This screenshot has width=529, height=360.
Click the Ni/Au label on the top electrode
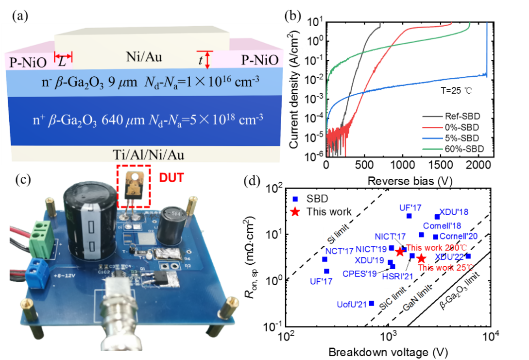[144, 58]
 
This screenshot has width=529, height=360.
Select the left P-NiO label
[28, 61]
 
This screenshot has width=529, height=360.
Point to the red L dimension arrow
[63, 57]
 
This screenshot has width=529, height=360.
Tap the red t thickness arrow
[207, 59]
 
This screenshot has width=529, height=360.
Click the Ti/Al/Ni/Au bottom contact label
[144, 155]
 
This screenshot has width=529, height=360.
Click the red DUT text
[171, 178]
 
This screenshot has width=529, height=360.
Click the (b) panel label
[301, 51]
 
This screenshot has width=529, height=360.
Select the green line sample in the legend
[432, 149]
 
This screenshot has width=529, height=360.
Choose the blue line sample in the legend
[432, 138]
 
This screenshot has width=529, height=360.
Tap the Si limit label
[338, 236]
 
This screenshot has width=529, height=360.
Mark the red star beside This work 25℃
[421, 259]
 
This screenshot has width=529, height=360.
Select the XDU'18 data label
[453, 212]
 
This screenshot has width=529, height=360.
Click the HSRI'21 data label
[397, 276]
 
